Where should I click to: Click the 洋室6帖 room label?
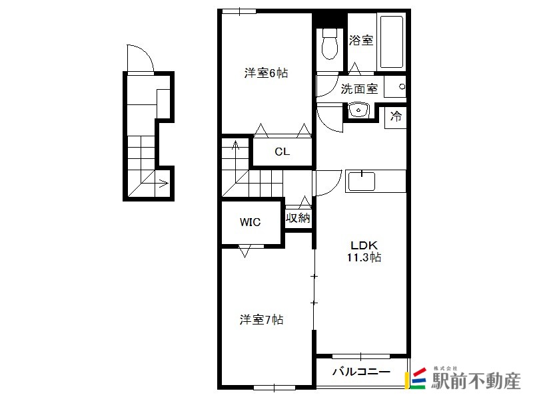pyautogui.click(x=266, y=73)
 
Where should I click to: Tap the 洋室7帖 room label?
pyautogui.click(x=261, y=320)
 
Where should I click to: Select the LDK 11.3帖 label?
pyautogui.click(x=364, y=251)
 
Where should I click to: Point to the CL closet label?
pyautogui.click(x=282, y=152)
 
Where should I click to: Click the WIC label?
pyautogui.click(x=251, y=222)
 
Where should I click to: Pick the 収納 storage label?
pyautogui.click(x=298, y=218)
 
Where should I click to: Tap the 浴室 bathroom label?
pyautogui.click(x=361, y=41)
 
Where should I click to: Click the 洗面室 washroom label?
pyautogui.click(x=359, y=89)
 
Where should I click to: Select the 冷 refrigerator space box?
pyautogui.click(x=395, y=118)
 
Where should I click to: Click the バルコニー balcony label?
pyautogui.click(x=361, y=372)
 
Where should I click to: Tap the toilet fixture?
pyautogui.click(x=329, y=44)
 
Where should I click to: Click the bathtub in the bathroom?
pyautogui.click(x=392, y=42)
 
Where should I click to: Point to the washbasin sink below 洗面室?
pyautogui.click(x=358, y=110)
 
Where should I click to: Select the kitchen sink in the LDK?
pyautogui.click(x=361, y=182)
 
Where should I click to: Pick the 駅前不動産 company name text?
pyautogui.click(x=476, y=380)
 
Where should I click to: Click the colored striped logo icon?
pyautogui.click(x=415, y=378)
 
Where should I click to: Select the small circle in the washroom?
pyautogui.click(x=402, y=86)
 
